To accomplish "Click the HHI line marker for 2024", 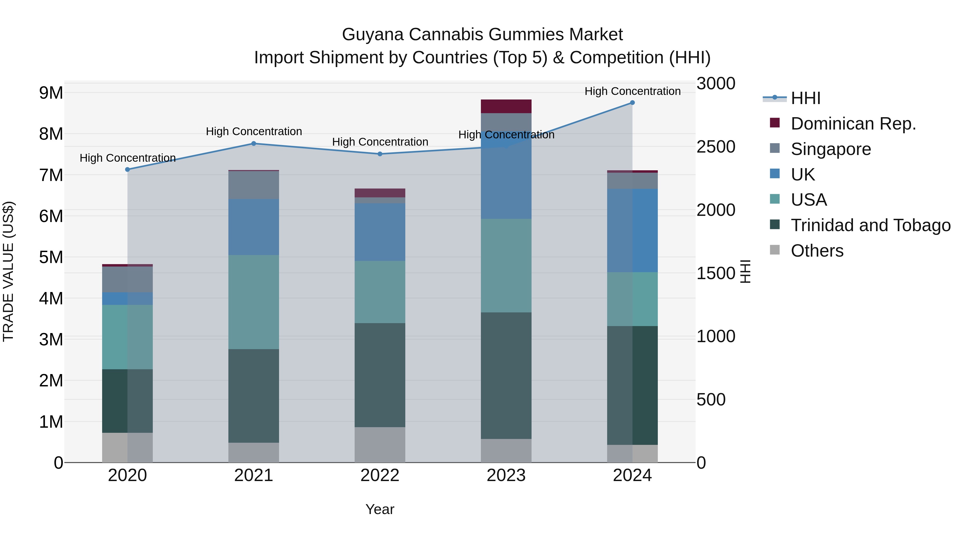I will click(x=632, y=103).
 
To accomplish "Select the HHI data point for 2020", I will click(x=127, y=169).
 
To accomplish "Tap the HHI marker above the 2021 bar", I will click(x=254, y=143).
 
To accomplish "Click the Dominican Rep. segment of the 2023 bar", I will click(x=506, y=106).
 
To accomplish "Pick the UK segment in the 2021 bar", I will click(x=254, y=227).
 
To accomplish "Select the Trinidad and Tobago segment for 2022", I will click(x=380, y=375).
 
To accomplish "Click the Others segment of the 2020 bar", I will click(x=127, y=448).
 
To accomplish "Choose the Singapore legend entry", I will click(x=830, y=149).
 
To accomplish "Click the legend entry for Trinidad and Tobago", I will click(x=870, y=226).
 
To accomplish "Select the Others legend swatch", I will click(x=774, y=250).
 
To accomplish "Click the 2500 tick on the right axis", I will click(x=715, y=147).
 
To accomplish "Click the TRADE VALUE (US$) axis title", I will click(x=8, y=271).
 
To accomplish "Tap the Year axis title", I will click(x=380, y=509).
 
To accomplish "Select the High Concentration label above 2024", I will click(x=632, y=91).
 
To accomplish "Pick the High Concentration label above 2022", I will click(x=380, y=142).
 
